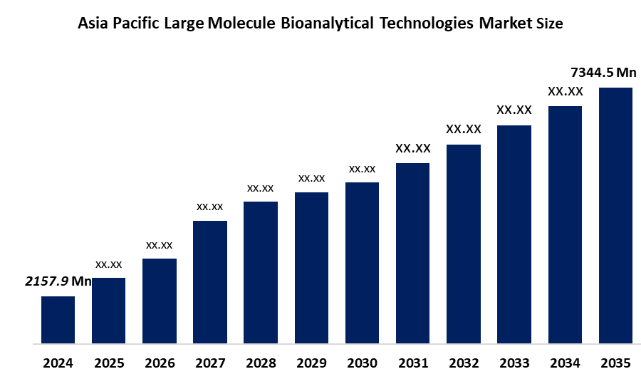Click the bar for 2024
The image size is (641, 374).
tap(58, 320)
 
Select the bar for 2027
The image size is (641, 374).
tap(210, 282)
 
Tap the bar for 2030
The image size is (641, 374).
tap(362, 263)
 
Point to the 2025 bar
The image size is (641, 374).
tap(108, 311)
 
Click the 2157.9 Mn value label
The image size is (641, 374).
tap(59, 281)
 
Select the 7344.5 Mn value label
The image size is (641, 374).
tap(604, 72)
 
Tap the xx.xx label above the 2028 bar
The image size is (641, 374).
tap(261, 188)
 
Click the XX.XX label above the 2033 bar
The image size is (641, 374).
tap(514, 110)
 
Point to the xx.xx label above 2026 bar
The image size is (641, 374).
tap(160, 245)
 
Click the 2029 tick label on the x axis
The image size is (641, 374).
tap(311, 363)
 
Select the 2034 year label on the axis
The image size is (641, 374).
tap(565, 363)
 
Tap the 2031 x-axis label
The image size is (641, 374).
tap(412, 363)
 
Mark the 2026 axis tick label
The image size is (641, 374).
tap(160, 363)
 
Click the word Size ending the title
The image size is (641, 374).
tap(548, 24)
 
